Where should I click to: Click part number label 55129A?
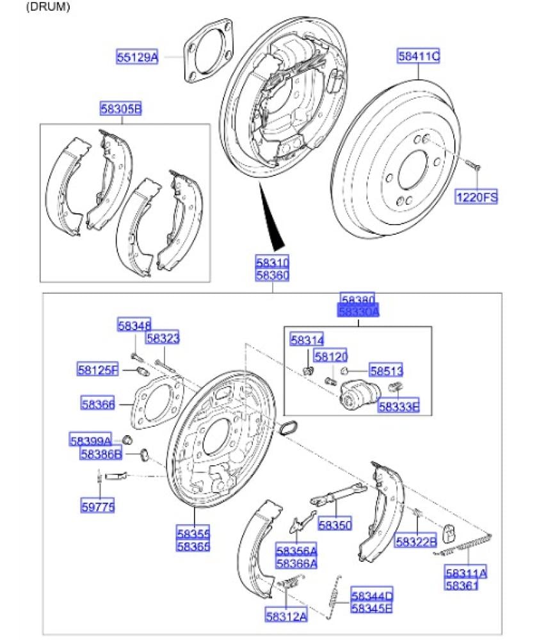[136, 57]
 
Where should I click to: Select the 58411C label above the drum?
[418, 57]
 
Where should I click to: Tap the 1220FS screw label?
[476, 197]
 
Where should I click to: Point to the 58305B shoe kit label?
[120, 109]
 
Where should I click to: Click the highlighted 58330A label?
[358, 312]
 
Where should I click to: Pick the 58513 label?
[386, 371]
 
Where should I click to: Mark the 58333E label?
[398, 405]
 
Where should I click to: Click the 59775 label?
[97, 506]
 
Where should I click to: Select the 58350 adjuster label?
[335, 525]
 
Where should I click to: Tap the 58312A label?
[286, 616]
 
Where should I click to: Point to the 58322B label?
[415, 541]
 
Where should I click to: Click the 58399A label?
[91, 440]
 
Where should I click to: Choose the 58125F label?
[98, 370]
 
